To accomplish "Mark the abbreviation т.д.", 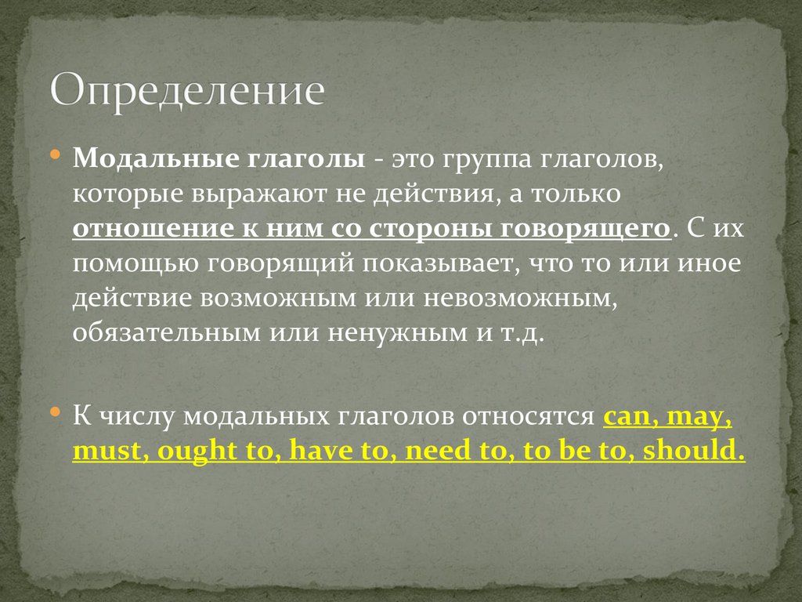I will point(520,332).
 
